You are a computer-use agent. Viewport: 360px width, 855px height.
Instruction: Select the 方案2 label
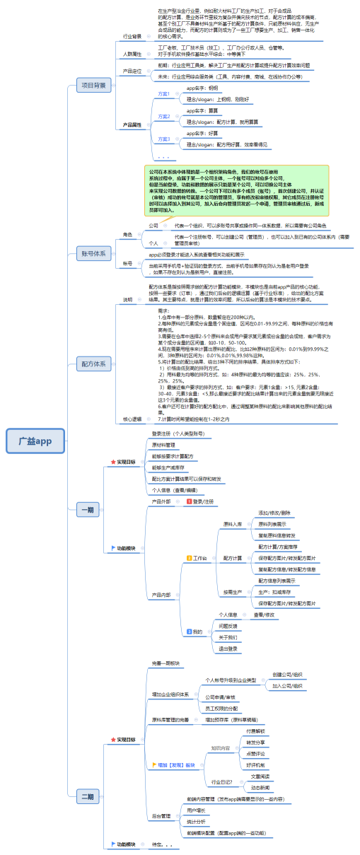(x=163, y=116)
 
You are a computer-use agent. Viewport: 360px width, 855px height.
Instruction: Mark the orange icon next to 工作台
(x=189, y=558)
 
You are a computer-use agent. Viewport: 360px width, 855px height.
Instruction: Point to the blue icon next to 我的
(x=189, y=631)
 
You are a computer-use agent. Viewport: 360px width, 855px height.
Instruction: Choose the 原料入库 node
(x=232, y=524)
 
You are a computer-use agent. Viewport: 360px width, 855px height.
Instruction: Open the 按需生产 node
(x=232, y=591)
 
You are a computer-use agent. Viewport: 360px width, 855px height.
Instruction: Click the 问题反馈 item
(x=228, y=626)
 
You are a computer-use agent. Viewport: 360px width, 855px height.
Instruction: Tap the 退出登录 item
(x=228, y=648)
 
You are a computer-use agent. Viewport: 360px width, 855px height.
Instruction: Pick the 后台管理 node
(x=161, y=815)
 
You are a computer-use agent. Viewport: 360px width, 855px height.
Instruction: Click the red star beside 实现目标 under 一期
(x=112, y=461)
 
